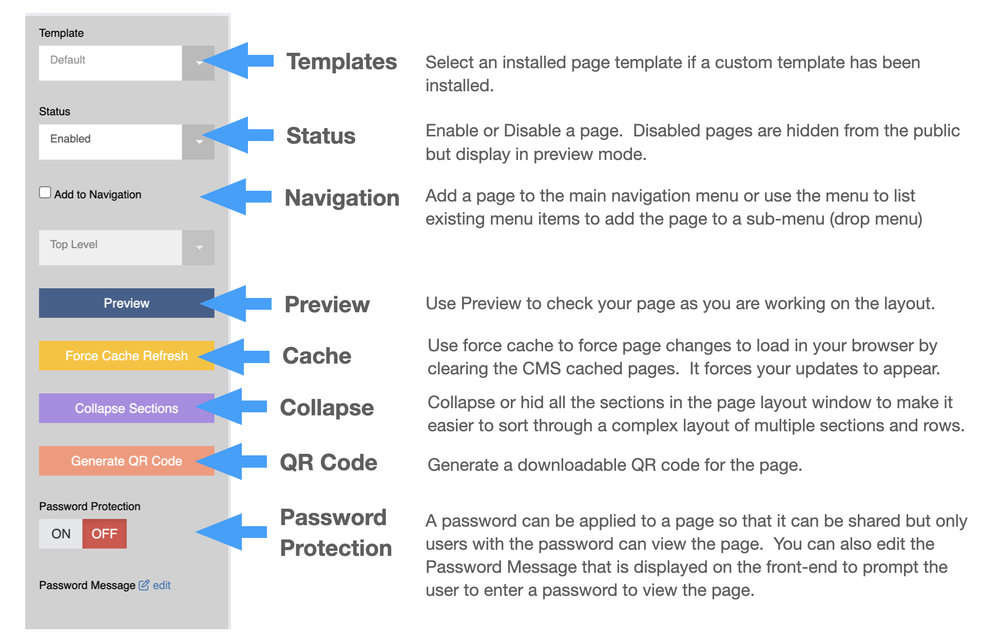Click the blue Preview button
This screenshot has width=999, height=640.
point(126,303)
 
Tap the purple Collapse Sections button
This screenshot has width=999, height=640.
point(126,408)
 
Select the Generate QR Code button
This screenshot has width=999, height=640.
point(126,461)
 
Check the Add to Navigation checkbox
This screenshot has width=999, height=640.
point(45,193)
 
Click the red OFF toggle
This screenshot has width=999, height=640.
point(104,534)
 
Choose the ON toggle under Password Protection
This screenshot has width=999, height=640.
point(61,534)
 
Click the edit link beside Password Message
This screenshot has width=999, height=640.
point(161,585)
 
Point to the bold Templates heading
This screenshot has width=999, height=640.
point(341,62)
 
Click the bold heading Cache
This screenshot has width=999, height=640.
point(317,356)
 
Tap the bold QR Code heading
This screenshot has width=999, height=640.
point(329,463)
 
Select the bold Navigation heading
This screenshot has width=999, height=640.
point(342,198)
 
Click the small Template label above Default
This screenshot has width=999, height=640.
point(61,33)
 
